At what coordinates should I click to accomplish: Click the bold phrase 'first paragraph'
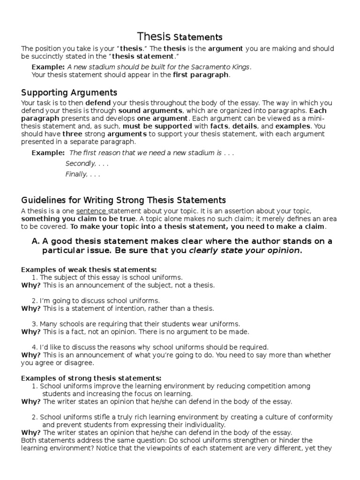pos(201,75)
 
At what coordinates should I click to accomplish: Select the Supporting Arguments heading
pos(69,92)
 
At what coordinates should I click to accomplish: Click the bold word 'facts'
pos(219,126)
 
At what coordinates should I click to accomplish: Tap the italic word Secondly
pos(81,164)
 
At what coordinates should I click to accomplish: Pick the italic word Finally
pos(76,174)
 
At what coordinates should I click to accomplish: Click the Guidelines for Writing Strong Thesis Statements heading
pos(124,200)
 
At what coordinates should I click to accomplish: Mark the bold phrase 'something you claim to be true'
pos(79,219)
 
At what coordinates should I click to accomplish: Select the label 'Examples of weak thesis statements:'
pos(89,270)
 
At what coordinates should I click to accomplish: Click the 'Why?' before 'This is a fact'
pos(31,332)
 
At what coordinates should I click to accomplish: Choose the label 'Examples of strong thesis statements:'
pos(91,378)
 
